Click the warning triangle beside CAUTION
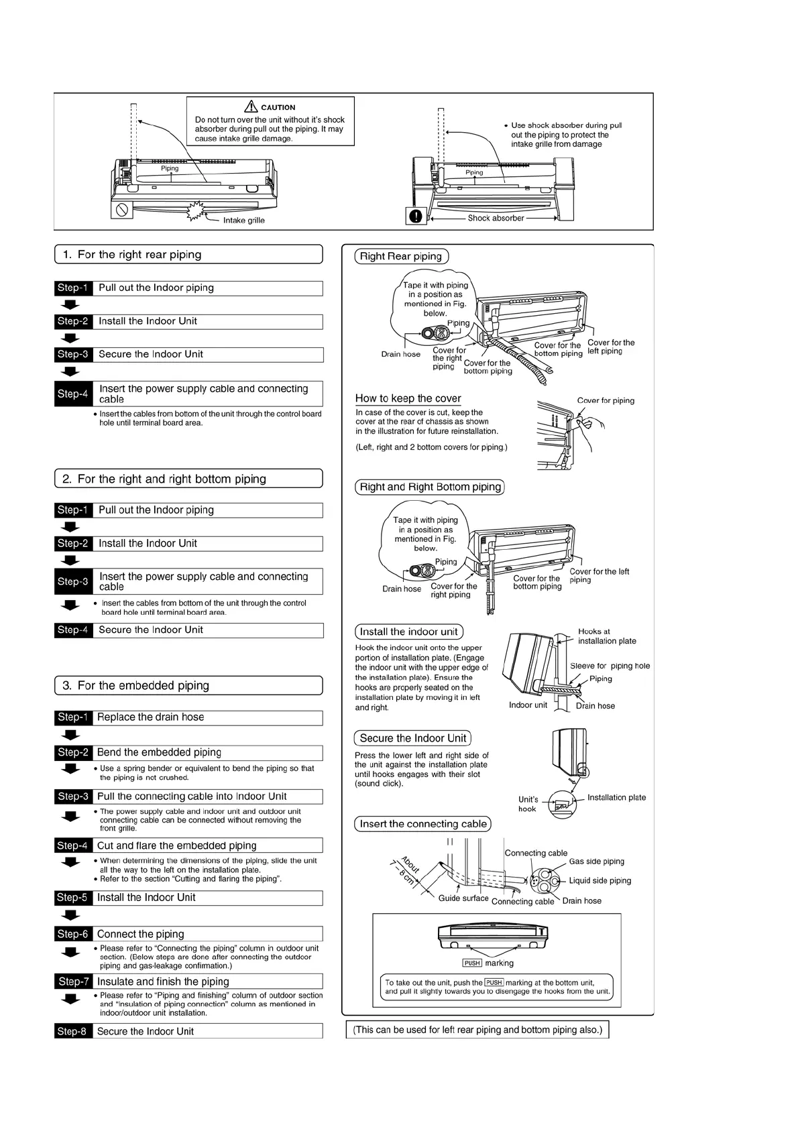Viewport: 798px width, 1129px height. [251, 107]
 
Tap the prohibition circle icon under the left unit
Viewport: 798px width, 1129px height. [122, 209]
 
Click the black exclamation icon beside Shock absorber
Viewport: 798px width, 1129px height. [416, 217]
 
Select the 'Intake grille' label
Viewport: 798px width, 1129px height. [243, 221]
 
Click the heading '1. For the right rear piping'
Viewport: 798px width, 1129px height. [132, 255]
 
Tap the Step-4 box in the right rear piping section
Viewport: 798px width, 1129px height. [73, 394]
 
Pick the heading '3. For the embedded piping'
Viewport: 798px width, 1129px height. [136, 686]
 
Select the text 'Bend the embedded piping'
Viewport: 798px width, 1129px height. [159, 752]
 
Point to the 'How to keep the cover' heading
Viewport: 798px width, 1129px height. [408, 398]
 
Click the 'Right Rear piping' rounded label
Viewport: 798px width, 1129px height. [401, 256]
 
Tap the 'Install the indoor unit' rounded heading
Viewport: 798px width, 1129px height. [408, 632]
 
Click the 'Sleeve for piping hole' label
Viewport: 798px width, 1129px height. [610, 666]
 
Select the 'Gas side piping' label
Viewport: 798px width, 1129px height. [596, 861]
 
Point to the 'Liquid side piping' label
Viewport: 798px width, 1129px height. [600, 880]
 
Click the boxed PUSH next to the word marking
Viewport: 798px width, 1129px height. [472, 963]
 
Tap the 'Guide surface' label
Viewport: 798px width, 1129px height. [463, 898]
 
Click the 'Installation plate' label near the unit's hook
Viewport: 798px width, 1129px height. [616, 798]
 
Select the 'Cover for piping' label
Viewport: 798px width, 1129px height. [605, 401]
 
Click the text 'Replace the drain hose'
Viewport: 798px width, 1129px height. [150, 717]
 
